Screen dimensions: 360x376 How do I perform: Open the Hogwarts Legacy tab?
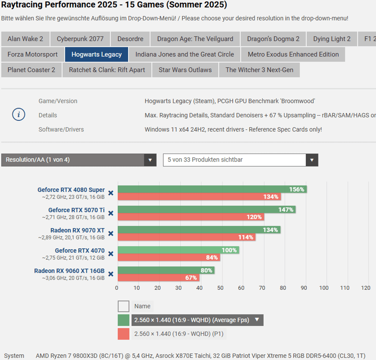(x=97, y=55)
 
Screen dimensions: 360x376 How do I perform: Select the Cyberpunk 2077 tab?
(x=80, y=39)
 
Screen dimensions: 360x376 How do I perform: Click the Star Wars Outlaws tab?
(x=185, y=70)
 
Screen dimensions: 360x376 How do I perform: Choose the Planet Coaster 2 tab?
(x=31, y=70)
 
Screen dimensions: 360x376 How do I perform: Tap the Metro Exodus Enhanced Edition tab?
(x=293, y=55)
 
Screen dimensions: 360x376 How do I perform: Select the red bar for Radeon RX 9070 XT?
(x=186, y=237)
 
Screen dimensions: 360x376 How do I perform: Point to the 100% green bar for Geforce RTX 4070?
(x=178, y=250)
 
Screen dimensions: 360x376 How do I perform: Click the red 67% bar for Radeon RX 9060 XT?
(x=158, y=278)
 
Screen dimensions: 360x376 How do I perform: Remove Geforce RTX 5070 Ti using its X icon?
(x=111, y=213)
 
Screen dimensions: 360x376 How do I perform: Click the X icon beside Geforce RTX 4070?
(x=111, y=254)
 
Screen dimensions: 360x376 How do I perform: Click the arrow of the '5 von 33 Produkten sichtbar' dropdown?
(x=312, y=160)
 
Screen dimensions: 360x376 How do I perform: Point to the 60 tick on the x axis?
(x=241, y=288)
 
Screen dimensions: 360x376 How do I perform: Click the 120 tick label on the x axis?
(x=365, y=288)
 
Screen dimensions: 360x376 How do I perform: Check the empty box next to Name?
(x=124, y=306)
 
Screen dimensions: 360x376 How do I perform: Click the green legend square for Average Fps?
(x=124, y=320)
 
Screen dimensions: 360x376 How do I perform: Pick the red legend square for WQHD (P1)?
(x=124, y=334)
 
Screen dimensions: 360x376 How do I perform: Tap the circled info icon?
(x=19, y=115)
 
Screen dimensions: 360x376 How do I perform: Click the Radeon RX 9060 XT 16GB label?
(x=69, y=271)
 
